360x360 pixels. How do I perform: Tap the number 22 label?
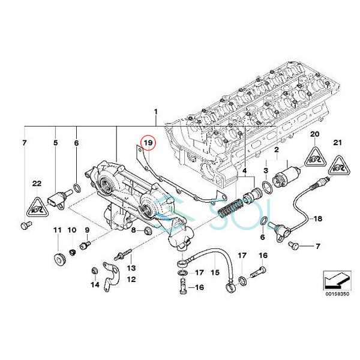coord(36,183)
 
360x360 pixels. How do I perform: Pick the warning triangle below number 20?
coord(313,158)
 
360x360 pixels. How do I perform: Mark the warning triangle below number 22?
coord(36,207)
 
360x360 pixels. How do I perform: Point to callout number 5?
coord(55,143)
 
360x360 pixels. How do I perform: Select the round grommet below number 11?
coord(59,260)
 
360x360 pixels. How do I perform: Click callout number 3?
coord(265,172)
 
